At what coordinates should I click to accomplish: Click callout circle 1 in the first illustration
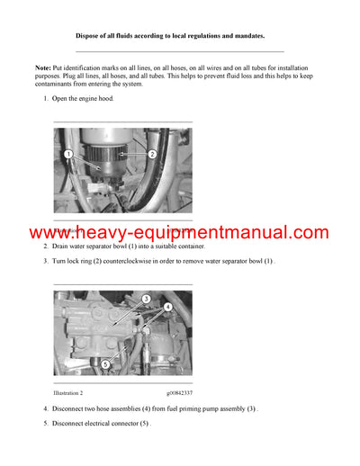pos(68,156)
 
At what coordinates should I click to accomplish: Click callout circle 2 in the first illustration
pos(152,154)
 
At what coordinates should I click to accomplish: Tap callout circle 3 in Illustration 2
pos(146,299)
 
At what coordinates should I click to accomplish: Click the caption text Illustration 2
pos(68,393)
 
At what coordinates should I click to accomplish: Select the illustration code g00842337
pos(179,393)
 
